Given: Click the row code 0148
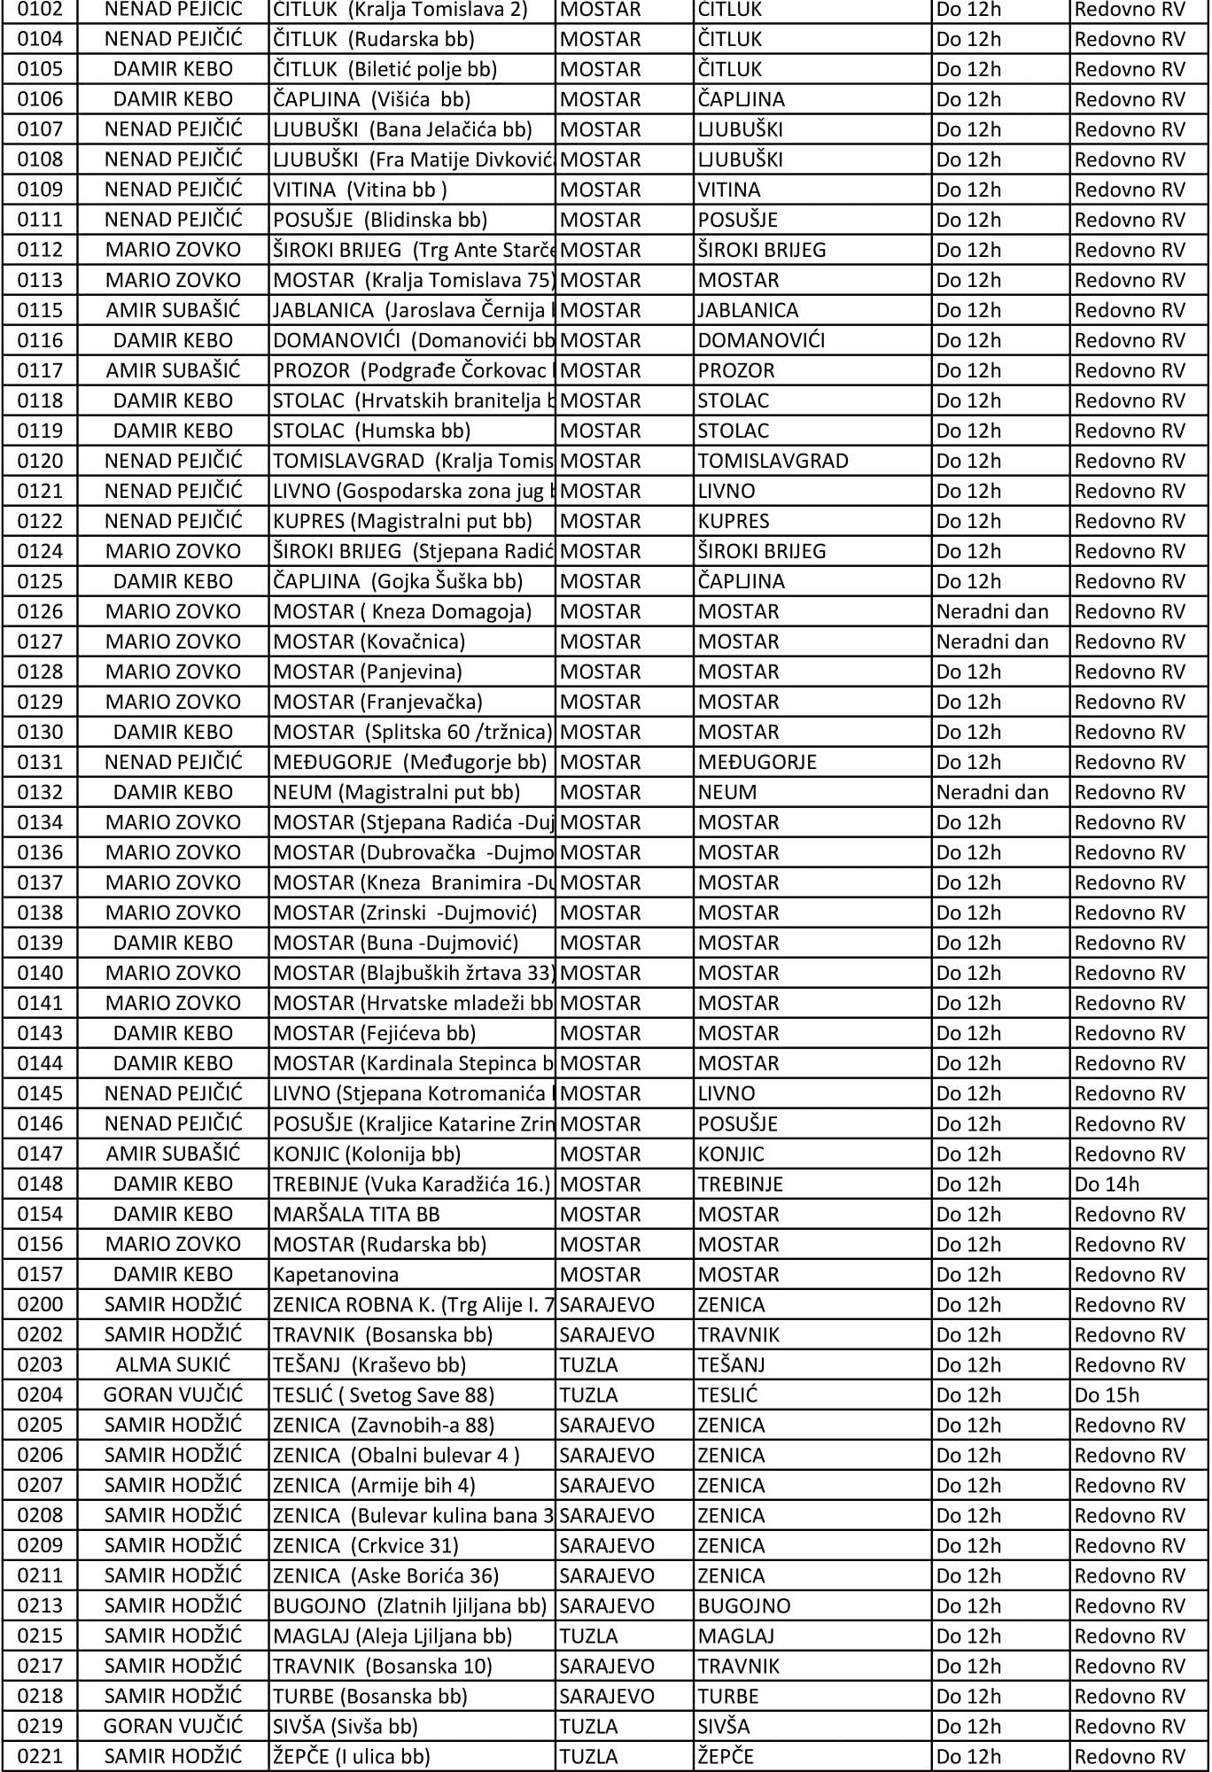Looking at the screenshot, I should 40,1184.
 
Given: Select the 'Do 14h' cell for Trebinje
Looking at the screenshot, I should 1107,1184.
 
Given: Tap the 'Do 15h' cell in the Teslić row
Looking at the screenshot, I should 1107,1395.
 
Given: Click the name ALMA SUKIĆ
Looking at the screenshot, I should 173,1364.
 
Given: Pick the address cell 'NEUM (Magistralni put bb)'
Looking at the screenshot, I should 396,792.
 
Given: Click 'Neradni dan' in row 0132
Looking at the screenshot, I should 992,792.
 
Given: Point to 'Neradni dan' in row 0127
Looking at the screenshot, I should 992,641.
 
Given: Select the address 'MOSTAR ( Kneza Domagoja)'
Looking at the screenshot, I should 402,611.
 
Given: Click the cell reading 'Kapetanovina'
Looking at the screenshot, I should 336,1274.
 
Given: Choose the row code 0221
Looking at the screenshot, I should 40,1756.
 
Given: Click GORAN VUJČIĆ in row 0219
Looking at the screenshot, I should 173,1726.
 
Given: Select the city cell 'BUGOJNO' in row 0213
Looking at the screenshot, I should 743,1605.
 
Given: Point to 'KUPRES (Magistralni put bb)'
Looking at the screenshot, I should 402,521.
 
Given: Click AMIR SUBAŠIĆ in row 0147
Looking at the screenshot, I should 173,1154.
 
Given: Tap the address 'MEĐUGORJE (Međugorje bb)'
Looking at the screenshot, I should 409,762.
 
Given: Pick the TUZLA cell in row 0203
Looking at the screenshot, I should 588,1364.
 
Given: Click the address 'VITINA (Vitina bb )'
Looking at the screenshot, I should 360,190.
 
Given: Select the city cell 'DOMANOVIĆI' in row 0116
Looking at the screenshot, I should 761,340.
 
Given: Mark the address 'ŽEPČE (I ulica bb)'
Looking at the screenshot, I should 351,1756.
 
